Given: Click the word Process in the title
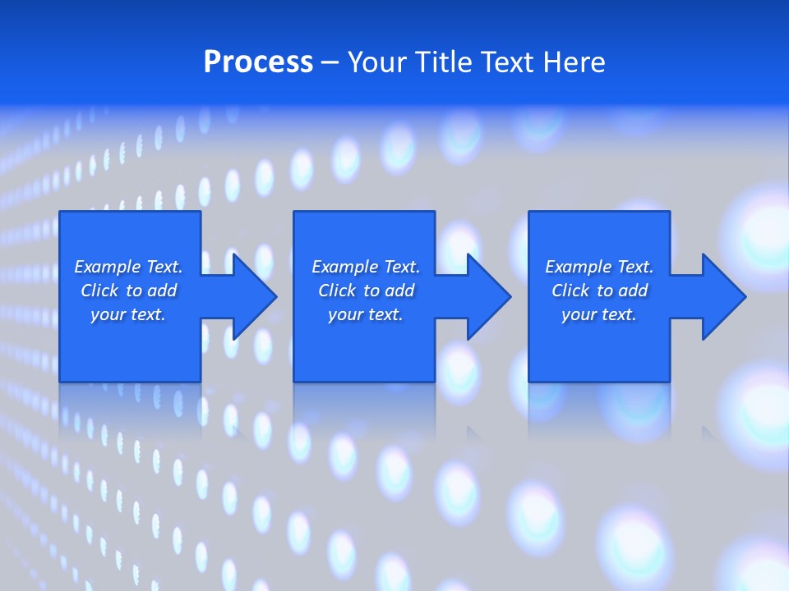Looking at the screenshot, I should (258, 62).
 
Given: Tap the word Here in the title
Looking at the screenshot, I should (571, 62).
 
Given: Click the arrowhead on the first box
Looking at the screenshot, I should (251, 296).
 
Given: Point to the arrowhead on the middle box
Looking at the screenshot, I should (485, 296).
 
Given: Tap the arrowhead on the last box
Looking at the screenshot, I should (720, 296).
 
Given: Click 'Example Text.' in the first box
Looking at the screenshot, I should (128, 267).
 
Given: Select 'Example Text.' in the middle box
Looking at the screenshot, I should (366, 267).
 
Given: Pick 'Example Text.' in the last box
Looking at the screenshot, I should (599, 267).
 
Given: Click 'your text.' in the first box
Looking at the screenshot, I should (128, 314).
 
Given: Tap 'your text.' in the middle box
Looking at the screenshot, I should (366, 314).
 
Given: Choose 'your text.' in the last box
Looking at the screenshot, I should (599, 314).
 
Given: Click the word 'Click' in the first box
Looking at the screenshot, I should (99, 291).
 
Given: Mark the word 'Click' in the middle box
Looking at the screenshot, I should (337, 291).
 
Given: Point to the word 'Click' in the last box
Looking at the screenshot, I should (570, 291).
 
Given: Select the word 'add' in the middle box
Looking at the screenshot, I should (399, 291).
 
